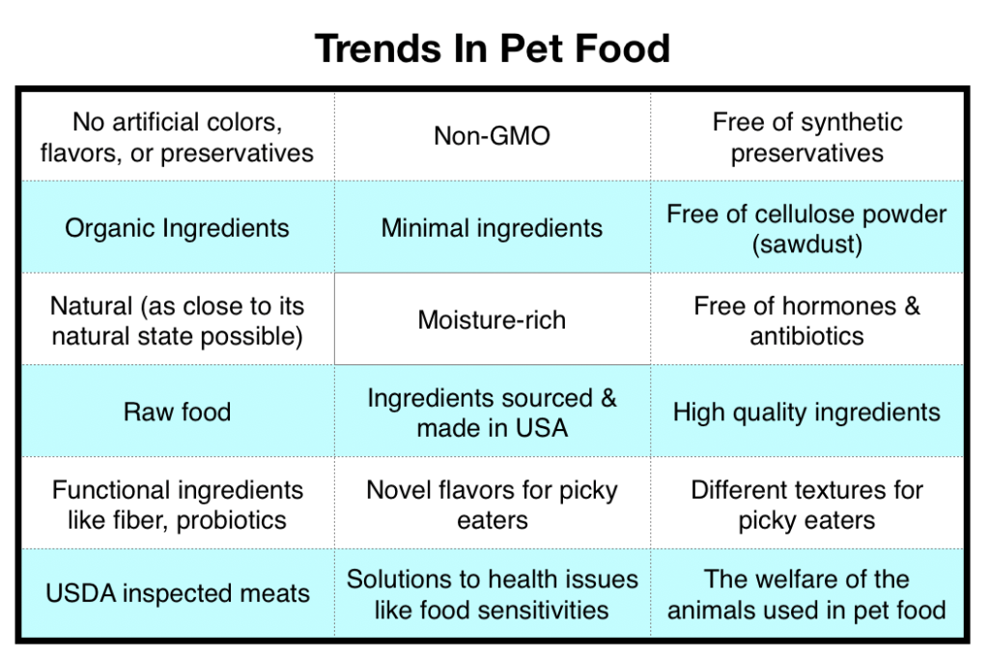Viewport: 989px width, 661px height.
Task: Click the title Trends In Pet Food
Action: (493, 48)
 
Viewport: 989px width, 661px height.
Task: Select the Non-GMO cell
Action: (492, 136)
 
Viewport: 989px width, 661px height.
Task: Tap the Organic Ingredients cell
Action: (177, 228)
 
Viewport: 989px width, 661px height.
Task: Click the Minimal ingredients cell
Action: (492, 228)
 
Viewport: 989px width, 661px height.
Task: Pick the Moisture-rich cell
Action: (492, 320)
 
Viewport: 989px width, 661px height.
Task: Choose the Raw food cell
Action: (177, 412)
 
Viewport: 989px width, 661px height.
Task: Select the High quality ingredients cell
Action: (806, 412)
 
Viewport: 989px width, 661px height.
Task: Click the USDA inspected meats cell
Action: (177, 592)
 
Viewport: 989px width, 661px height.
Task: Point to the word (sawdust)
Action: (806, 244)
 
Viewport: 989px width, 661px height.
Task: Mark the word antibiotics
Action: (806, 336)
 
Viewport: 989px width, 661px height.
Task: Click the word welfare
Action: (817, 579)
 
